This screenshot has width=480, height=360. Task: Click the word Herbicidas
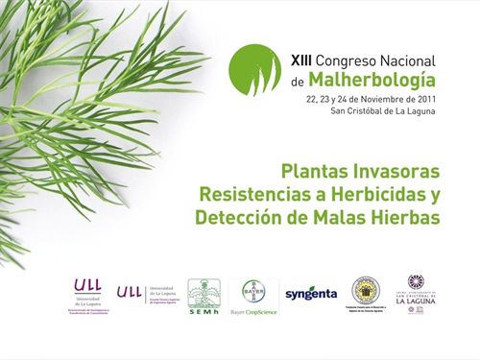379,194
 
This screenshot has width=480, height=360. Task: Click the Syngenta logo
311,294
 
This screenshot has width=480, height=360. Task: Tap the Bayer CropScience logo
253,298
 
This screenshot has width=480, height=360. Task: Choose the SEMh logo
204,297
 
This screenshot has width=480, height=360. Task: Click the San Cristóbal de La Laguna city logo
415,289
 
